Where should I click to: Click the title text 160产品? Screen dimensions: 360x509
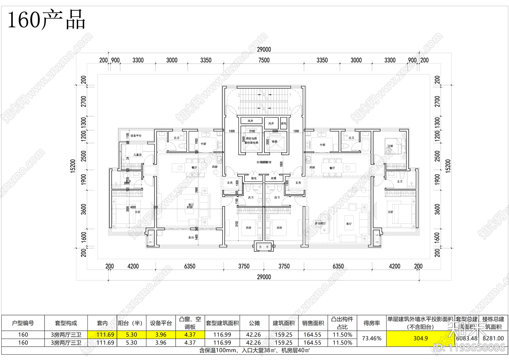[46, 20]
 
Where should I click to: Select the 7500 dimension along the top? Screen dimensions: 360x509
[264, 60]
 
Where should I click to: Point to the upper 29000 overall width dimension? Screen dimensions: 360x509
[264, 49]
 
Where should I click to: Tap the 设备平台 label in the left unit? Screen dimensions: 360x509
[136, 136]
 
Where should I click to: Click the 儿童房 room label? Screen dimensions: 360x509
[137, 155]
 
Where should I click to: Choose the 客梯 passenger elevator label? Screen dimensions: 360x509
[275, 142]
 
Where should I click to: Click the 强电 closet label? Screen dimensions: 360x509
[254, 178]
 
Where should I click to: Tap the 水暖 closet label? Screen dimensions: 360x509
[274, 178]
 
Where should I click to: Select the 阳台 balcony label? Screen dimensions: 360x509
[191, 237]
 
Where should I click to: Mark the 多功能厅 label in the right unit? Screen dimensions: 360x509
[320, 223]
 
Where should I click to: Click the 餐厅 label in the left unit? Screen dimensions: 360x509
[194, 167]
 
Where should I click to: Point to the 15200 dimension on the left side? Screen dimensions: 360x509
[73, 166]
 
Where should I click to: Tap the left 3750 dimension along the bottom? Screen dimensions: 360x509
[244, 266]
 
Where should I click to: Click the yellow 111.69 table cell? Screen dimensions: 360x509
[105, 335]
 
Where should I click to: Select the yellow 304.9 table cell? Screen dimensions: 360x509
[420, 338]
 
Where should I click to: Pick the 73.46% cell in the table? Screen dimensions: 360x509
[371, 338]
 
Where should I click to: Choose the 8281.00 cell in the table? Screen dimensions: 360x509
[493, 338]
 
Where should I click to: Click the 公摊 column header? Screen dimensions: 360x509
[254, 323]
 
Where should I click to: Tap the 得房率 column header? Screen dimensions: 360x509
[371, 323]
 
